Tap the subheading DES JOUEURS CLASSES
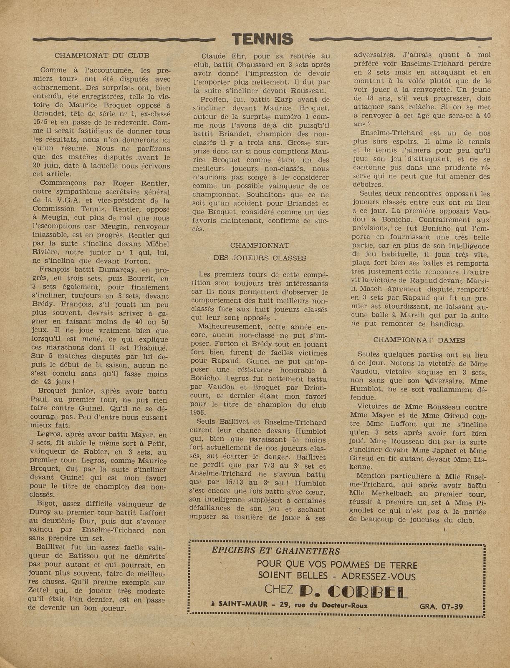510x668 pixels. pyautogui.click(x=260, y=258)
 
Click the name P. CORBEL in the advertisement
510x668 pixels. pyautogui.click(x=353, y=591)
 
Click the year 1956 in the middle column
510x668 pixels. pyautogui.click(x=198, y=413)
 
